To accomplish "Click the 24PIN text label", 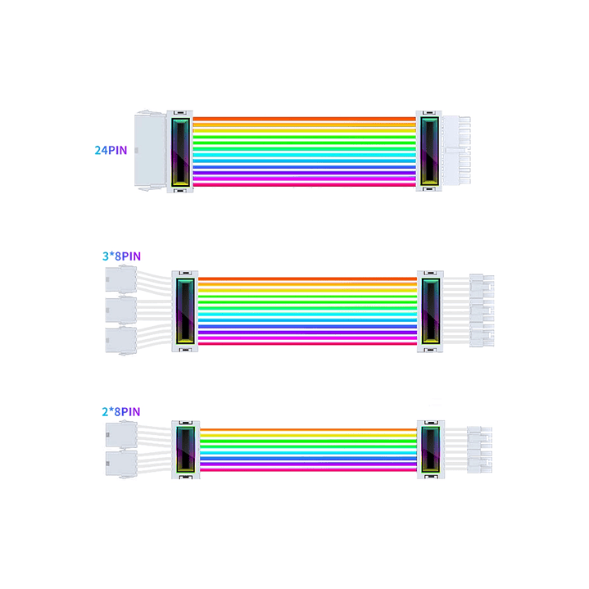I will (111, 151).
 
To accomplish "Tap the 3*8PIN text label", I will (121, 256).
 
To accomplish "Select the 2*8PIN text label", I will (121, 411).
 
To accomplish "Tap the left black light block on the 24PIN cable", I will (179, 152).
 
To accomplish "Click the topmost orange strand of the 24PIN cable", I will (305, 119).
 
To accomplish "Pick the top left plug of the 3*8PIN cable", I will (120, 283).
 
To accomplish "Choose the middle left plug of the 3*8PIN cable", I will (120, 311).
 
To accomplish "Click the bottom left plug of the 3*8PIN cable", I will (120, 339).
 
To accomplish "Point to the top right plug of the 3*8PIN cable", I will (482, 285).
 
